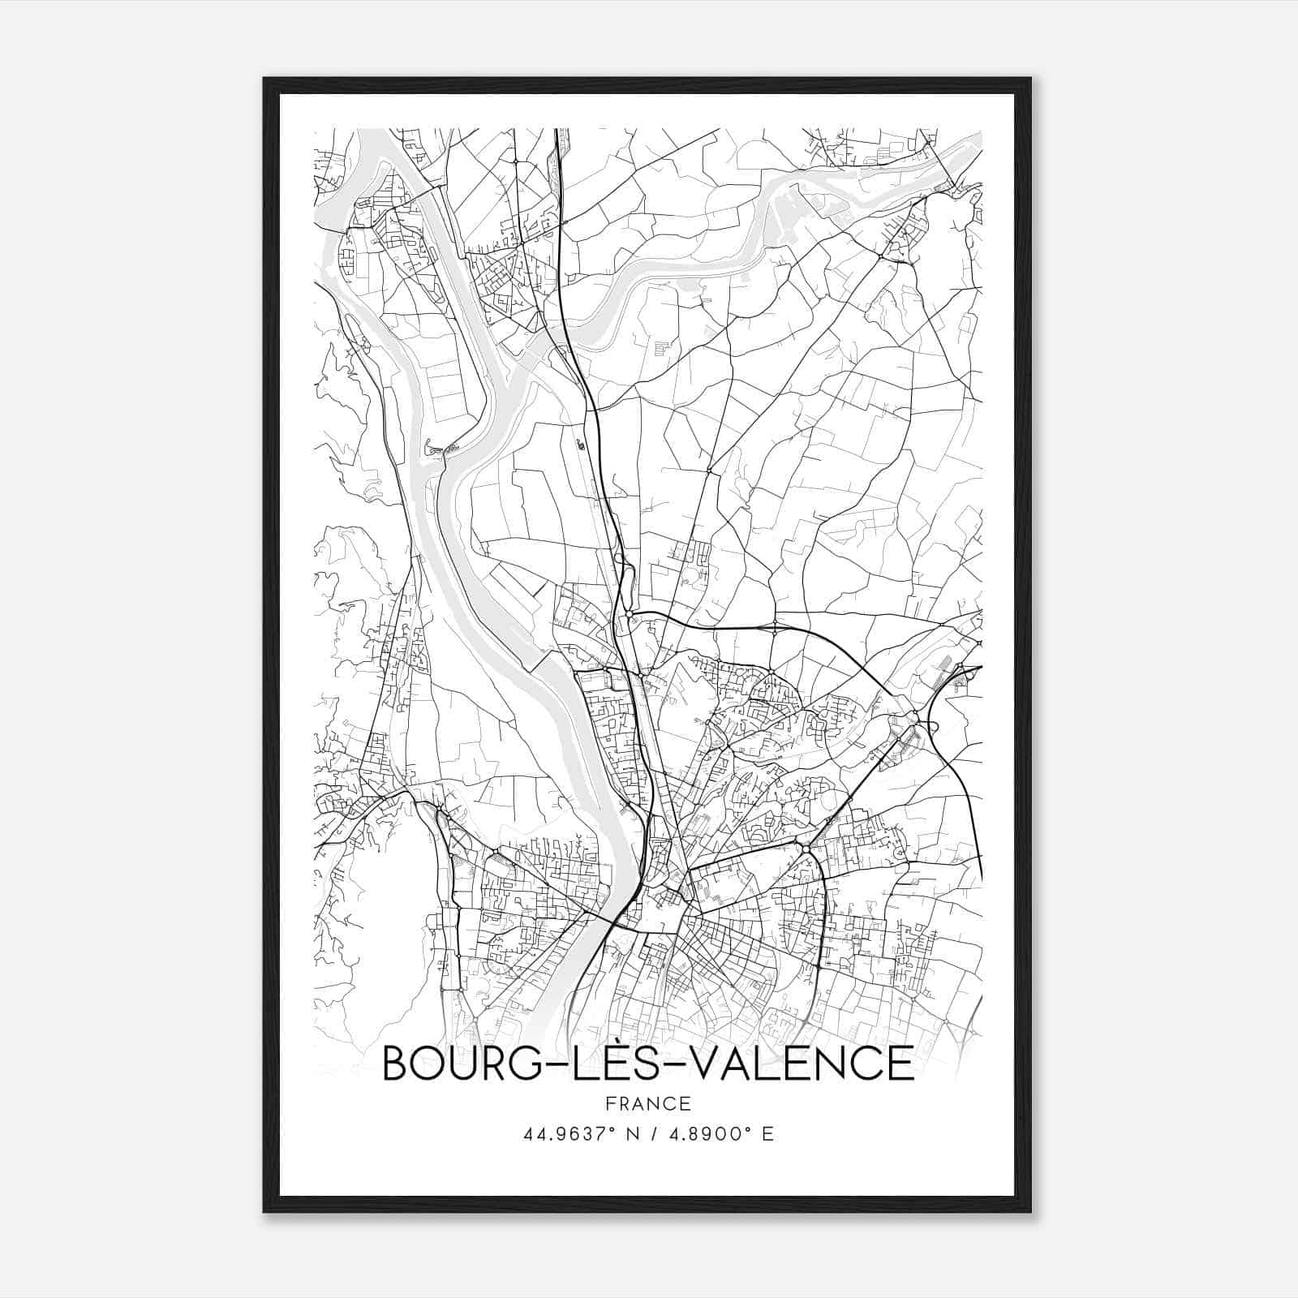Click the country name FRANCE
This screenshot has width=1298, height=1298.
point(648,1104)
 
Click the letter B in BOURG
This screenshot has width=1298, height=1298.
point(395,1064)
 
